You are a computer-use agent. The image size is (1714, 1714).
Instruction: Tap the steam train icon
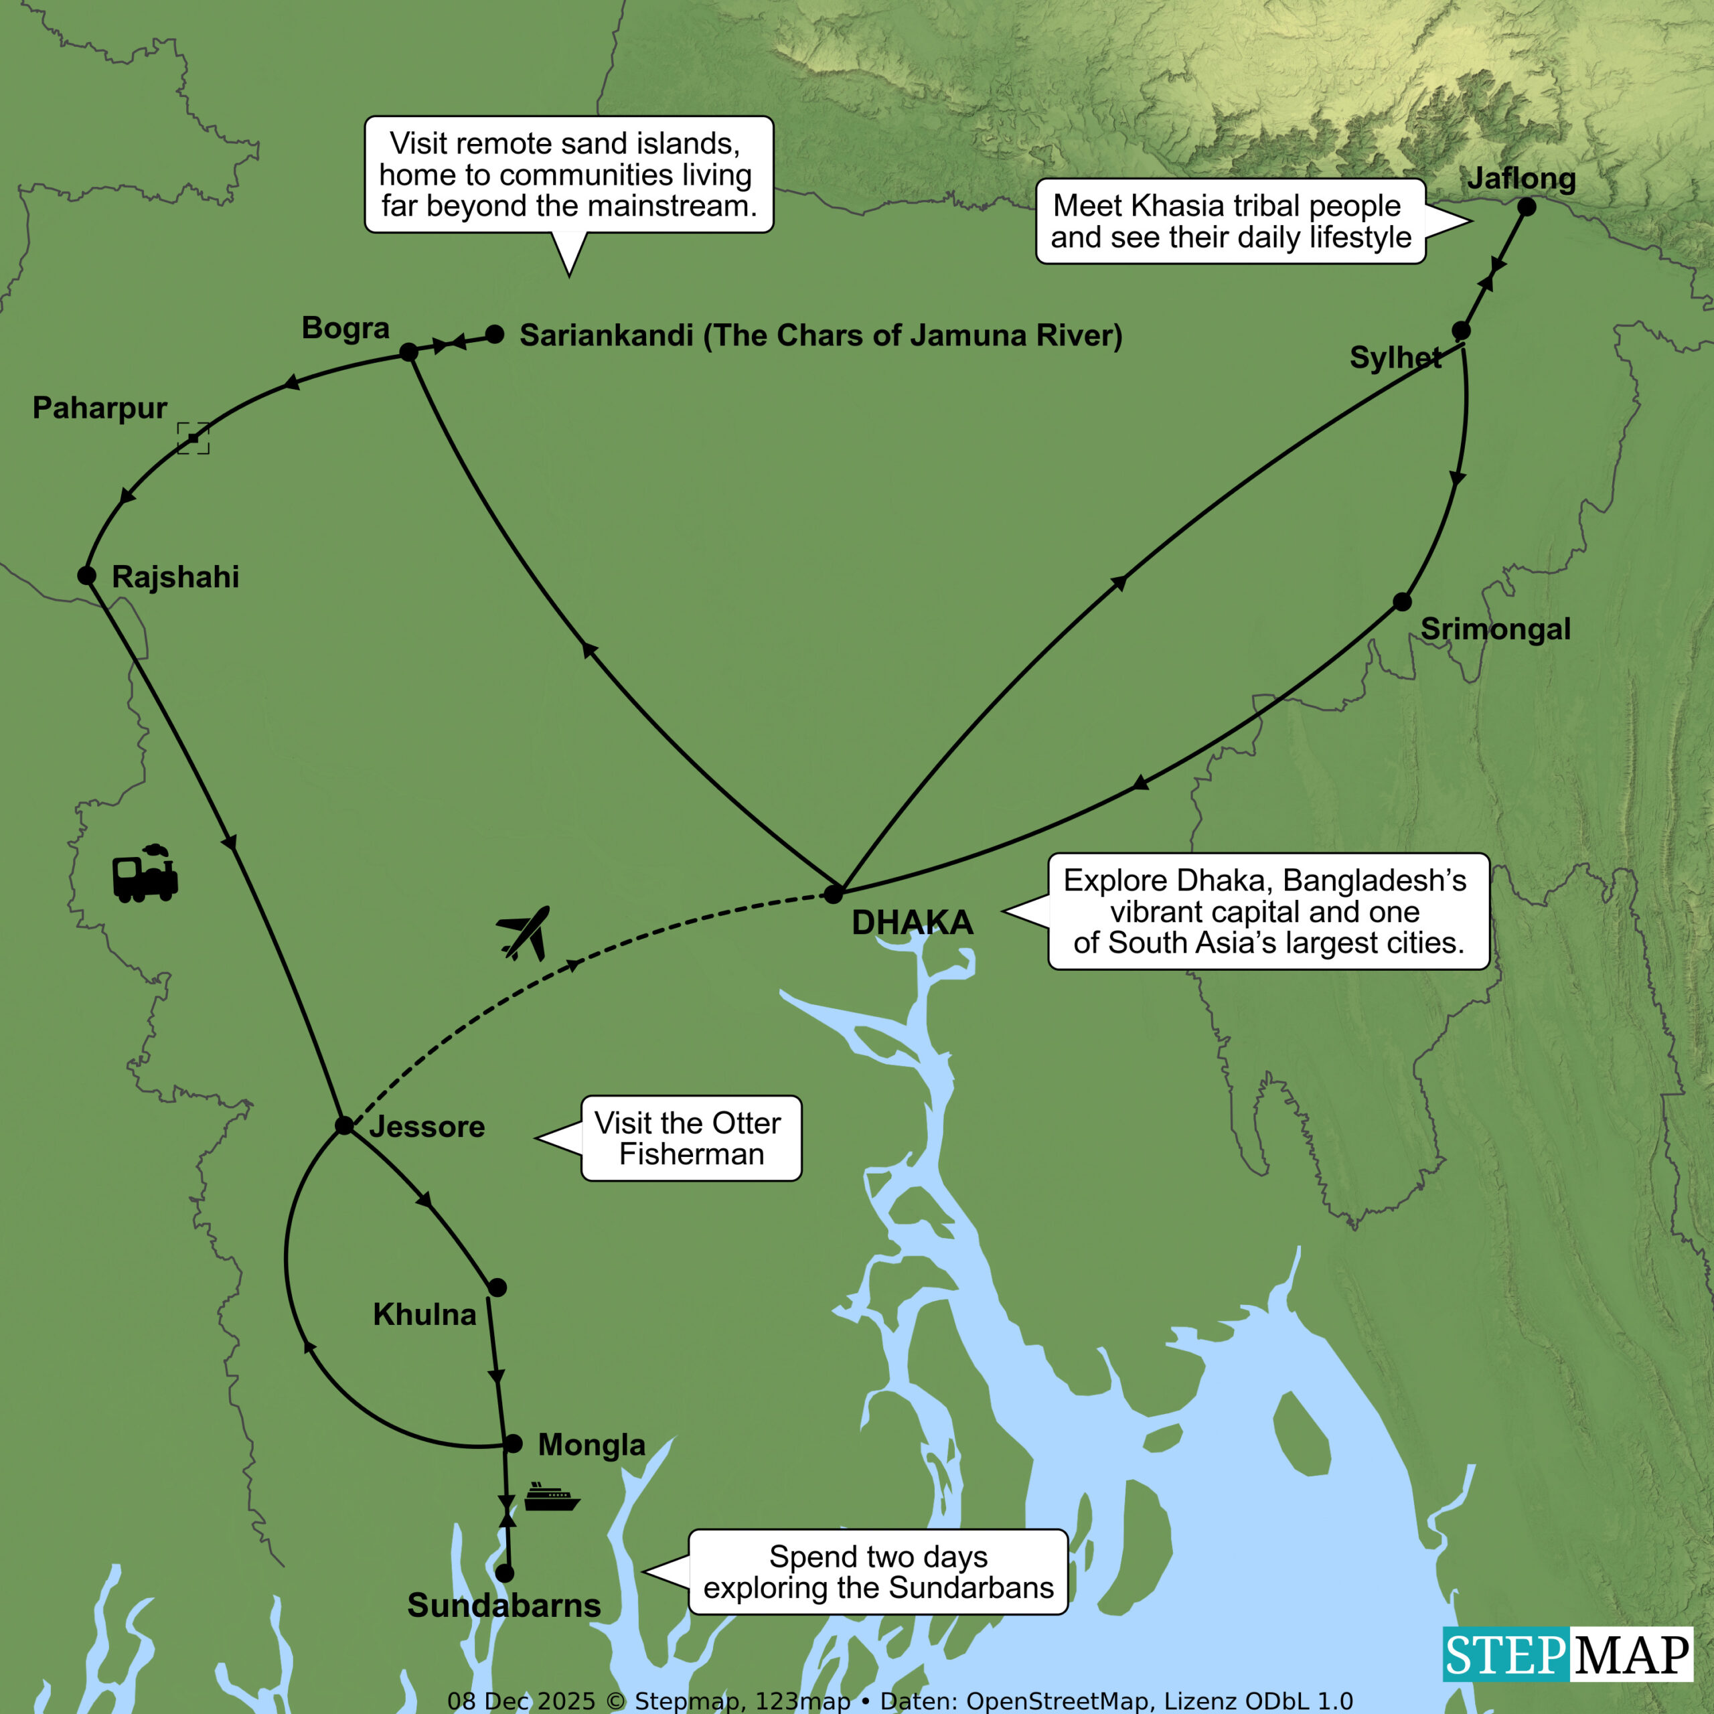point(145,874)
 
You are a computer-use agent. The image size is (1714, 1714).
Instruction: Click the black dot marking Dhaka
point(833,893)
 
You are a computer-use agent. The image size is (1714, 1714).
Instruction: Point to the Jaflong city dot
point(1526,207)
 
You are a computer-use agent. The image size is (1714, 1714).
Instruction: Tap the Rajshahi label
point(175,576)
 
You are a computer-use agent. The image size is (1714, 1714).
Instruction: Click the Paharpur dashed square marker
point(193,439)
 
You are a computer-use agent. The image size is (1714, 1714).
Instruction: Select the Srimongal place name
point(1496,629)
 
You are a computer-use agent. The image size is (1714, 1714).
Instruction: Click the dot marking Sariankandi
point(495,335)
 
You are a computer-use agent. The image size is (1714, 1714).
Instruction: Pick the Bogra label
point(345,327)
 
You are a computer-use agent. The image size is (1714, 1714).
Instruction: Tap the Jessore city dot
point(344,1125)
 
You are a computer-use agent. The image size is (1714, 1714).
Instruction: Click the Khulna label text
point(424,1314)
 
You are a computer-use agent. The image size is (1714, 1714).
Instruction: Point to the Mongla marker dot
point(513,1444)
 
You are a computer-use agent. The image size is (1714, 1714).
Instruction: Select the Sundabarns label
point(504,1605)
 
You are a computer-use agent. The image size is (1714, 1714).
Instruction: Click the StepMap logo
point(1567,1654)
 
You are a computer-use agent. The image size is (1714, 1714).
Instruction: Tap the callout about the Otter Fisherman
point(691,1138)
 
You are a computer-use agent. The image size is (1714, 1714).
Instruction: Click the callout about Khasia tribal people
point(1231,221)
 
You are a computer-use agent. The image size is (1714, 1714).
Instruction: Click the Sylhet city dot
point(1461,331)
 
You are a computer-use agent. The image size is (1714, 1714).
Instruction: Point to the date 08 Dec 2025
point(521,1701)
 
